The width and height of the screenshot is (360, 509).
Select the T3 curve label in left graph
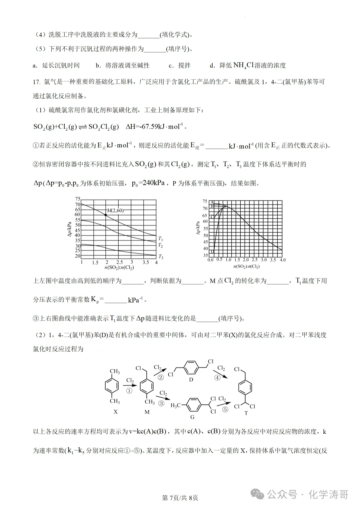[161, 257]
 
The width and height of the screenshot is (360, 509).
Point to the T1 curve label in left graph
[161, 239]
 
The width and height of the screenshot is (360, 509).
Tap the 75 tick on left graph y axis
[78, 199]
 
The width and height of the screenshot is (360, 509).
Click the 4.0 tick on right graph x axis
[282, 260]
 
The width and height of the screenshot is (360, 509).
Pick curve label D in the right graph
[212, 252]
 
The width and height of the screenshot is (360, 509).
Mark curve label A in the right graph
[212, 202]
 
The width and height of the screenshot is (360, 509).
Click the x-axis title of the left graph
[119, 268]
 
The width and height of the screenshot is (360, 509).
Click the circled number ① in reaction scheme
[129, 391]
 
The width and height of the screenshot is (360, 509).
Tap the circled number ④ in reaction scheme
[217, 378]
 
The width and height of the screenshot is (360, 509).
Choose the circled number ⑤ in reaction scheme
[225, 409]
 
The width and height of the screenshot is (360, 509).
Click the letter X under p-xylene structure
[115, 412]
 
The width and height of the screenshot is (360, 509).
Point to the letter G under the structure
[192, 417]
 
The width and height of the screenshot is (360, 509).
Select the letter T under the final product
[246, 413]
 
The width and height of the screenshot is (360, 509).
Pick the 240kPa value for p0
[154, 183]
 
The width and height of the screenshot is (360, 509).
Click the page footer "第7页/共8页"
[180, 498]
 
